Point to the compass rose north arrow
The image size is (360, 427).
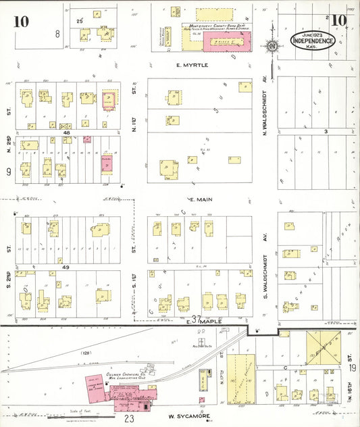click(273, 46)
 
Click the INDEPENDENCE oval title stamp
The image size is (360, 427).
click(313, 40)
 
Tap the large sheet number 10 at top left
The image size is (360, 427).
click(20, 21)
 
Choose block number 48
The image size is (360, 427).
click(67, 133)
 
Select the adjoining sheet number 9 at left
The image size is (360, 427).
click(8, 172)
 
